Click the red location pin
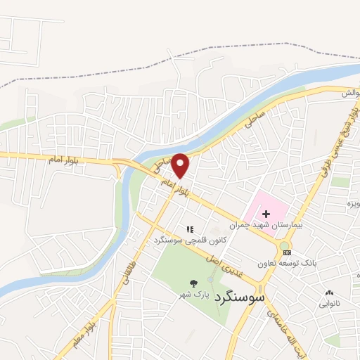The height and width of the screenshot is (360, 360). pos(181,165)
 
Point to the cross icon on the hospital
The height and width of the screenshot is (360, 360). pos(266,214)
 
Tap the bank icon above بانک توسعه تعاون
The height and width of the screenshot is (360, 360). pos(287,252)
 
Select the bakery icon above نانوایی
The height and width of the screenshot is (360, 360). pos(329,292)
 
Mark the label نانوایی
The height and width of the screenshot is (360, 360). pos(329,304)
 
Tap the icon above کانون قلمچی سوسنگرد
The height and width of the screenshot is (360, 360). pos(189,229)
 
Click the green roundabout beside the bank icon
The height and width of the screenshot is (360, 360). pos(283,245)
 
